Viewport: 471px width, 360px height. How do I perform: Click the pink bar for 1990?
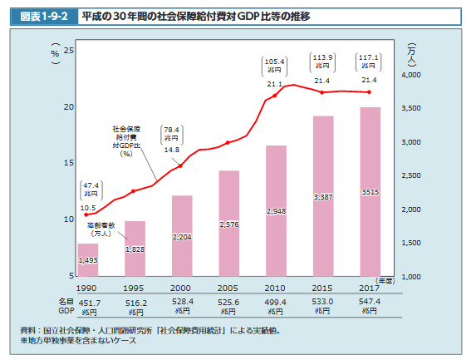[88, 259]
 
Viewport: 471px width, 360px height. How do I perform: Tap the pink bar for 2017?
[370, 191]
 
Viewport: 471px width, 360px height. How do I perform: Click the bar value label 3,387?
[323, 197]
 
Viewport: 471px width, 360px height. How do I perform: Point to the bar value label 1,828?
[135, 249]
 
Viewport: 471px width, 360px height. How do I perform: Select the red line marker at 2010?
[276, 96]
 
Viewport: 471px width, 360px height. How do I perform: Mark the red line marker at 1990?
[87, 215]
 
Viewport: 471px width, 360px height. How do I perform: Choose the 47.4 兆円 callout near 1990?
[90, 189]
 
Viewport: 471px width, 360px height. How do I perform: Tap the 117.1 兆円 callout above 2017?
[369, 62]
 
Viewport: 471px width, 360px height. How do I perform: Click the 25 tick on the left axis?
[69, 52]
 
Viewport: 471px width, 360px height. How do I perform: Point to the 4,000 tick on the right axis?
[411, 76]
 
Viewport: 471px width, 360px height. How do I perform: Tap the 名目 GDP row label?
[66, 305]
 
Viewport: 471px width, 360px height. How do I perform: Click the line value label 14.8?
[172, 150]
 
